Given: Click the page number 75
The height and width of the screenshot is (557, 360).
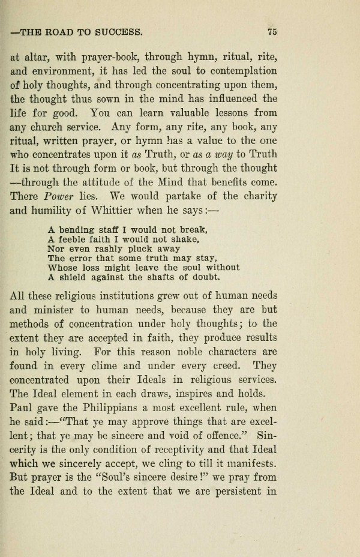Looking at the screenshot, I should pyautogui.click(x=272, y=32).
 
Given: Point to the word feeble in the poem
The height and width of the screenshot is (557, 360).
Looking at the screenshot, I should pyautogui.click(x=74, y=239).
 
